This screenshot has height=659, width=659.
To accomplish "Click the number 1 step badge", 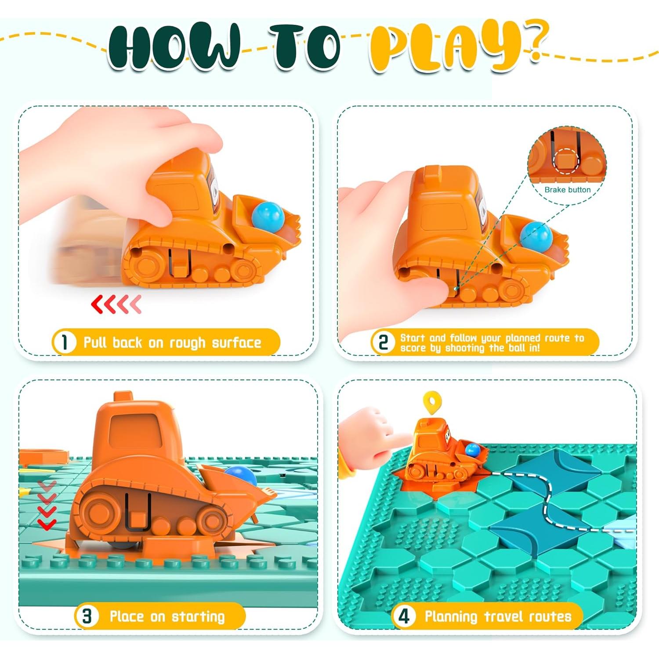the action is tap(65, 342).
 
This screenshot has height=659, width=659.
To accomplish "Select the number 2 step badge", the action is tap(384, 342).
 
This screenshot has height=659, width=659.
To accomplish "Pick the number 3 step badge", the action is tap(87, 616).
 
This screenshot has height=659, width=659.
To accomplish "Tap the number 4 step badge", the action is tap(404, 616).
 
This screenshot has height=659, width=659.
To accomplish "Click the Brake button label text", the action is tap(567, 190).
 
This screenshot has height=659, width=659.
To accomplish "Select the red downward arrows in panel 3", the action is tap(47, 505).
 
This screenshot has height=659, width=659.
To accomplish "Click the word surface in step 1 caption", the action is tap(236, 342).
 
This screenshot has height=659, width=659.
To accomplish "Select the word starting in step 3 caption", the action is tap(198, 617).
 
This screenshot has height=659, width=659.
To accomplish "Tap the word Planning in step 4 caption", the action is tap(451, 617).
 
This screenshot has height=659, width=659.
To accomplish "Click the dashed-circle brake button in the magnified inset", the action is tap(566, 160).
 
